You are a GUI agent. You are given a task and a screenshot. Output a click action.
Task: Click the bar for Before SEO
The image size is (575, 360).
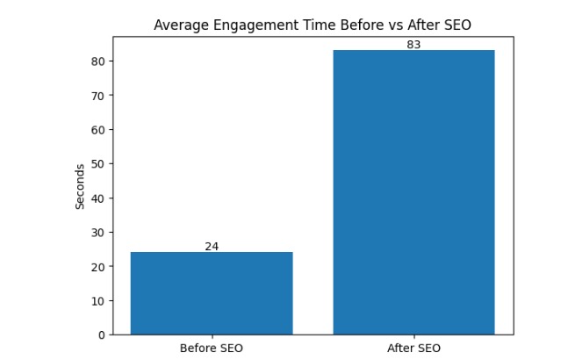[x=212, y=293]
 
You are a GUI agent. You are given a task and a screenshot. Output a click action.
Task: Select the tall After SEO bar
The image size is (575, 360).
[x=413, y=192]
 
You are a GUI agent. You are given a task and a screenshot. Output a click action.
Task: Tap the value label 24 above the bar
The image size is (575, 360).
[x=212, y=247]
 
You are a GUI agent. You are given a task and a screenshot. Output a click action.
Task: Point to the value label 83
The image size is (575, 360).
[x=414, y=45]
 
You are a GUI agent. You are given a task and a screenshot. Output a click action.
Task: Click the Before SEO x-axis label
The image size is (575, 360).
[x=212, y=348]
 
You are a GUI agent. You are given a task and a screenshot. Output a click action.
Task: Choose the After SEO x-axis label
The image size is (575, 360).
[x=414, y=348]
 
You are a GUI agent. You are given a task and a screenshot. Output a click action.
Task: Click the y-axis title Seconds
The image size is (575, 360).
[x=80, y=185]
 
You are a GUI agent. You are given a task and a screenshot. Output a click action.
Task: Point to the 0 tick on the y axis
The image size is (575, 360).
[x=102, y=335]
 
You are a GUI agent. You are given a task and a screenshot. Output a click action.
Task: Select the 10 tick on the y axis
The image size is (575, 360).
[x=98, y=300]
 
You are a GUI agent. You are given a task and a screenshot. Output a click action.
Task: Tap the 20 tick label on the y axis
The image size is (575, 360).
[x=98, y=266]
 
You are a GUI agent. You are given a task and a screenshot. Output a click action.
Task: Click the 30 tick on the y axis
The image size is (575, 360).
[x=98, y=232]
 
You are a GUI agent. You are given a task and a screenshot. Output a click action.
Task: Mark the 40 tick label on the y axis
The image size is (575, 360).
[x=98, y=198]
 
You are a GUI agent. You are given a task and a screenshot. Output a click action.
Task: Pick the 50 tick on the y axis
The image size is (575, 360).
[x=98, y=164]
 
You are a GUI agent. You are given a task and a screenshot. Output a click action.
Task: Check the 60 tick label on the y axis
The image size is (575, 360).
[x=98, y=130]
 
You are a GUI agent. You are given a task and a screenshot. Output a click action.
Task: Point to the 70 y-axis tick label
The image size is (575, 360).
[x=98, y=96]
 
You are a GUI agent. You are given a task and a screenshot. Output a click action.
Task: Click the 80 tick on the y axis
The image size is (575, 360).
[x=98, y=61]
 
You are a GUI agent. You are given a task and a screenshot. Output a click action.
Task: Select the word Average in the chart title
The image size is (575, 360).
[x=179, y=25]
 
